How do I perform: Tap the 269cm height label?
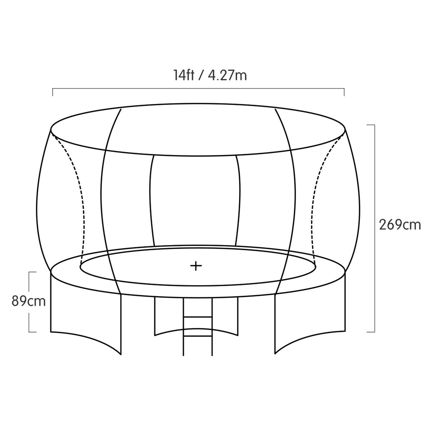pos(400,224)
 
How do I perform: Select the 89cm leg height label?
pos(29,301)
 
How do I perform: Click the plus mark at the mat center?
pos(196,266)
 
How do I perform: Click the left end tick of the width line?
pos(53,92)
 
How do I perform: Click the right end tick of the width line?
pos(344,92)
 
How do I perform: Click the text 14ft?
pos(184,75)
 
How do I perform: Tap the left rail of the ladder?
pos(184,325)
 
